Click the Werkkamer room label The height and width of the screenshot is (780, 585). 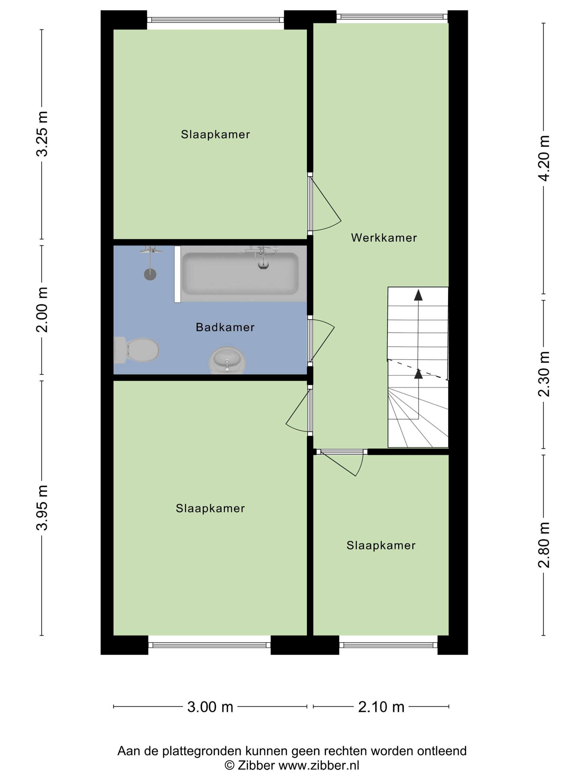pyautogui.click(x=384, y=238)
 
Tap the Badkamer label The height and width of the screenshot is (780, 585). pyautogui.click(x=225, y=327)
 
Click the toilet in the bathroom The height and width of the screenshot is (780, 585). pyautogui.click(x=136, y=350)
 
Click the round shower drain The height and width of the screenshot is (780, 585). pyautogui.click(x=150, y=274)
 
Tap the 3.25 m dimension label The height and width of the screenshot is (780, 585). pyautogui.click(x=42, y=134)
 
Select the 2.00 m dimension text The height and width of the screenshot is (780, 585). pyautogui.click(x=42, y=309)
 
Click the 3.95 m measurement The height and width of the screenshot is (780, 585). pyautogui.click(x=42, y=508)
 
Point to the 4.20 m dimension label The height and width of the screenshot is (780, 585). pyautogui.click(x=543, y=158)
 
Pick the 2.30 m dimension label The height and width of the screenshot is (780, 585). pyautogui.click(x=543, y=374)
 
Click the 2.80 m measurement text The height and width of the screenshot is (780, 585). pyautogui.click(x=543, y=545)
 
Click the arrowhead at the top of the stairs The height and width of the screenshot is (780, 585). pyautogui.click(x=418, y=295)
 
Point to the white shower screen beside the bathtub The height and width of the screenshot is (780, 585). pyautogui.click(x=177, y=274)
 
